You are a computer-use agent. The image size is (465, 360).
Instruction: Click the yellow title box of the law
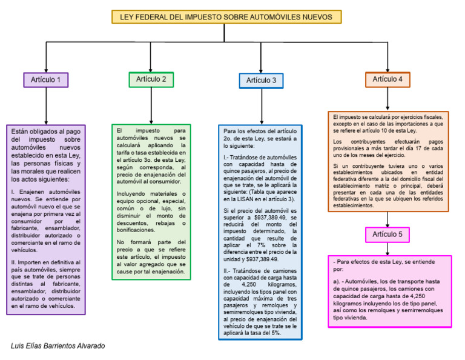coord(226,17)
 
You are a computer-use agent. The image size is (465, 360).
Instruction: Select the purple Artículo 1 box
coord(46,79)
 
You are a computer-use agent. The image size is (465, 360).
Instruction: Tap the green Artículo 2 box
coord(151,79)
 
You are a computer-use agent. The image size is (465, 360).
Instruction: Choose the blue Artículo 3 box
coord(261,80)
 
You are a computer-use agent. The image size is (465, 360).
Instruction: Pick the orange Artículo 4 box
coord(387,79)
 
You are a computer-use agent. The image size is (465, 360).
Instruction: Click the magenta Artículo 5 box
coord(387,234)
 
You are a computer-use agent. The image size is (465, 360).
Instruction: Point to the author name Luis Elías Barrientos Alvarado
coord(58,345)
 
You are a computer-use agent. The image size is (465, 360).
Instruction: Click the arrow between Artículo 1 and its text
coord(46,106)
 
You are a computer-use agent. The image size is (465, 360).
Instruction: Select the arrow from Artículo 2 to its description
coord(151,105)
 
